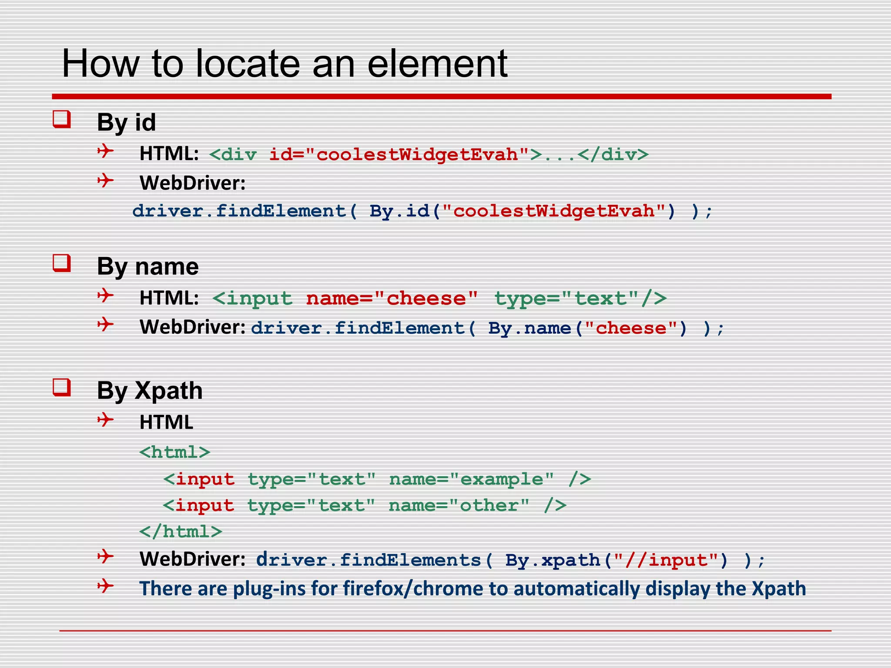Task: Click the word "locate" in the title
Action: click(248, 64)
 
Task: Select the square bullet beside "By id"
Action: click(62, 119)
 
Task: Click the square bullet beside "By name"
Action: click(62, 264)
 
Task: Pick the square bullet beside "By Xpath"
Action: click(62, 387)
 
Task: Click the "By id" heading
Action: click(126, 122)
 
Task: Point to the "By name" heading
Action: click(147, 266)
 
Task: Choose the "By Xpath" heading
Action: click(150, 391)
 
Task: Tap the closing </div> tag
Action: click(613, 155)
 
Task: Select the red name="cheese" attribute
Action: click(392, 299)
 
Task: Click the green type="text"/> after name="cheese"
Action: click(580, 299)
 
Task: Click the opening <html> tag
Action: click(174, 452)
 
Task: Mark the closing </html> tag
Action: click(181, 531)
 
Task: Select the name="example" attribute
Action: click(472, 479)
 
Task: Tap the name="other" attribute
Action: click(459, 505)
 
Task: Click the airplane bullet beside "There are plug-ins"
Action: click(105, 586)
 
